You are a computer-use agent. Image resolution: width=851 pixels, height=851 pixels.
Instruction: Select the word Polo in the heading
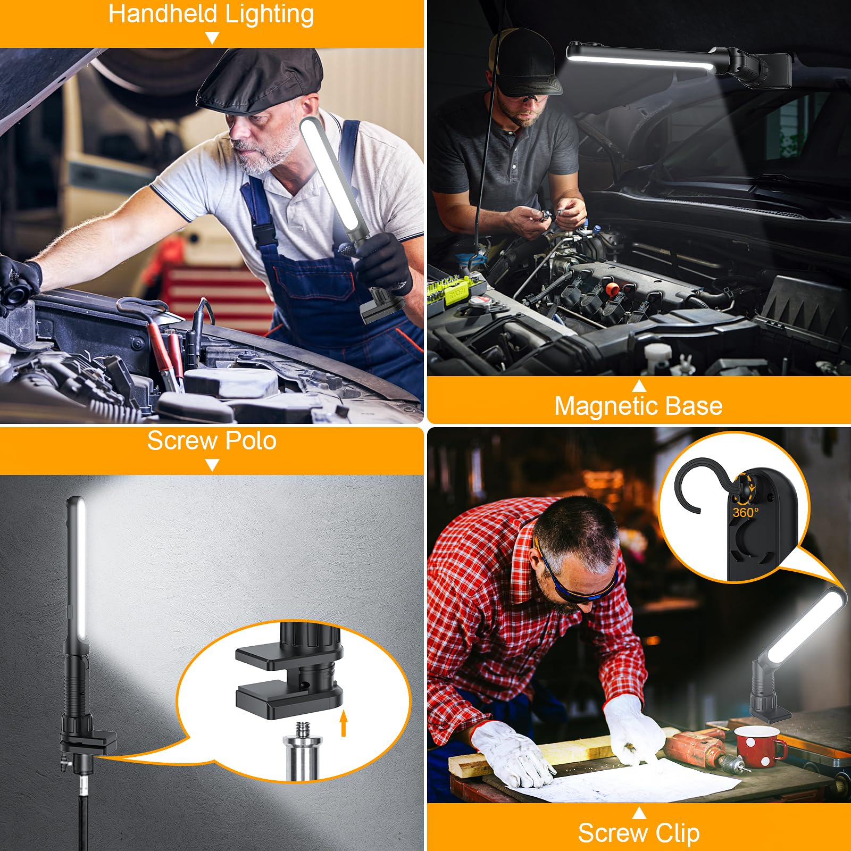click(x=251, y=441)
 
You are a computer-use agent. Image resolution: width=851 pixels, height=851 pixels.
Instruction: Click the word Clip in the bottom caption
click(x=677, y=833)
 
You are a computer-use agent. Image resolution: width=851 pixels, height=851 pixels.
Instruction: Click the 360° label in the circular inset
click(x=745, y=513)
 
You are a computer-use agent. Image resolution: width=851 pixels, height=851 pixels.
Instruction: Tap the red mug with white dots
click(x=758, y=745)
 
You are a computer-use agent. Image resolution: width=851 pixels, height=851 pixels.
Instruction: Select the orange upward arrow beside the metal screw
click(x=344, y=723)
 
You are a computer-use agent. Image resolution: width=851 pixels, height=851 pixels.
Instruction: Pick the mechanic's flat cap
click(x=261, y=80)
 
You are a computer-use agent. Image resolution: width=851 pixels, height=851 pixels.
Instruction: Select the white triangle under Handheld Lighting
click(x=212, y=38)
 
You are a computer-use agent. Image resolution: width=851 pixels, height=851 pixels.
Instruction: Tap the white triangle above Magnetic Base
click(x=639, y=386)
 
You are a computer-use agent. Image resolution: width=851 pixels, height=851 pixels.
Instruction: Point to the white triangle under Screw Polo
click(x=212, y=465)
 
